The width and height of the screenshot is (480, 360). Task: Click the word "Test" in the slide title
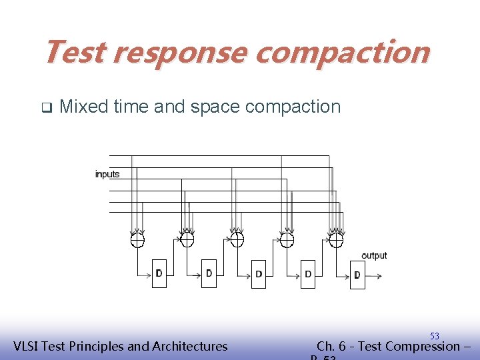point(74,52)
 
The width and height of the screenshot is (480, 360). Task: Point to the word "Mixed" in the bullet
point(83,107)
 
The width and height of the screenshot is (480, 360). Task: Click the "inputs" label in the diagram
point(107,174)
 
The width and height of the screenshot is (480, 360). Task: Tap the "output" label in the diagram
point(373,255)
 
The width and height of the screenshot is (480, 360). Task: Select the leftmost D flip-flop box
point(159,273)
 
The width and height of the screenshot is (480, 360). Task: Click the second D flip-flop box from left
point(209,273)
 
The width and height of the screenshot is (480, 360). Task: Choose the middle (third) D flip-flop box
point(259,274)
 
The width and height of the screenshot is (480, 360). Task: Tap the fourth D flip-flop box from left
point(308,274)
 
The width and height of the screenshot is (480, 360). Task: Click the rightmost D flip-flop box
point(357,275)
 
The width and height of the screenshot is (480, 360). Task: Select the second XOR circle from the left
point(187,239)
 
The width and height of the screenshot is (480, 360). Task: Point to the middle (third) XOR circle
point(237,239)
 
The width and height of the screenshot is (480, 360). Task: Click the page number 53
point(434,336)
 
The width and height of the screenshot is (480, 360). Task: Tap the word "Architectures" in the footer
point(190,346)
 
